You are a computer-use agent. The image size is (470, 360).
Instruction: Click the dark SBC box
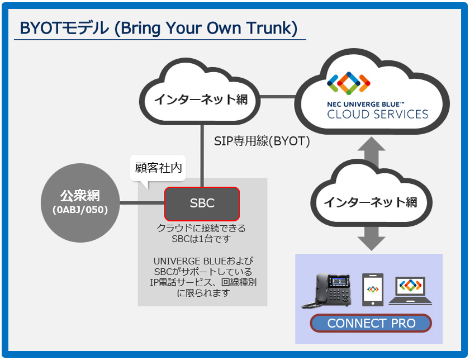[x=202, y=203]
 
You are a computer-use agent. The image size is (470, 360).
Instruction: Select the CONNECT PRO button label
[x=371, y=324]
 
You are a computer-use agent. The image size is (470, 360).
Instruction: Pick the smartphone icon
[x=373, y=290]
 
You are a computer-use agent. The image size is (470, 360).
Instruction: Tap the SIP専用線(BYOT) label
[x=262, y=141]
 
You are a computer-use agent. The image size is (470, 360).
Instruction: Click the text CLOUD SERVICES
[x=377, y=115]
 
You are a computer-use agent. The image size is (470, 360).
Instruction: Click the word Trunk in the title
[x=270, y=28]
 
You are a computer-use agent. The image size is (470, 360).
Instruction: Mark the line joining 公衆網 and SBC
[x=143, y=203]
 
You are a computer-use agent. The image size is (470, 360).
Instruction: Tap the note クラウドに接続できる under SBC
[x=201, y=229]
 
